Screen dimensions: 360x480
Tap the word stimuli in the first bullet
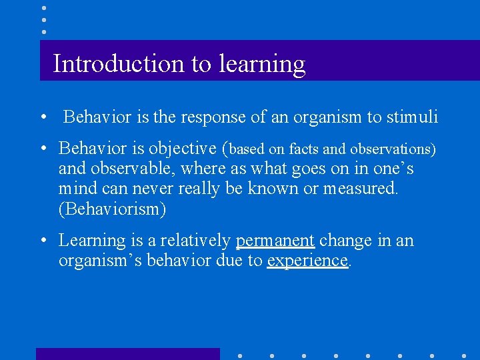coord(412,117)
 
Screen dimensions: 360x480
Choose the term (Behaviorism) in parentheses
coord(112,209)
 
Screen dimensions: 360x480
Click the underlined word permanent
coord(275,240)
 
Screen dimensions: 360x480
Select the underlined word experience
coord(307,261)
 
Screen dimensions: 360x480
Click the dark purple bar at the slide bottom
coord(127,354)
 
